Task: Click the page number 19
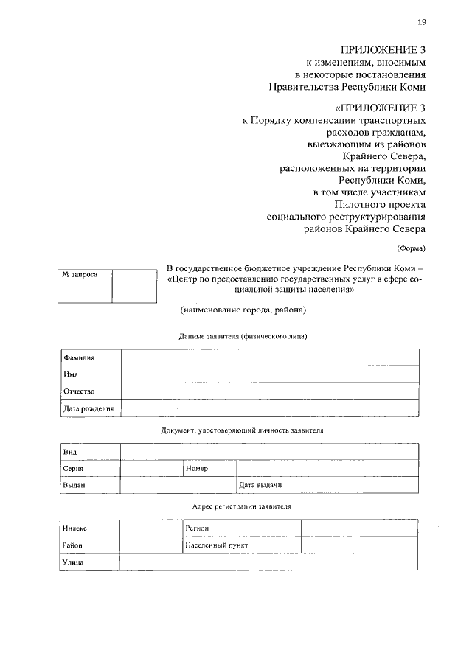coord(421,22)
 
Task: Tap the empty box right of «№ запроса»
coord(134,286)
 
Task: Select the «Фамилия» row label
coord(80,357)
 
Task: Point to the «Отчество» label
coord(79,391)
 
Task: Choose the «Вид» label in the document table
coord(70,452)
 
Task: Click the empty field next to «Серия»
coord(151,469)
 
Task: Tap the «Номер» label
coord(197,469)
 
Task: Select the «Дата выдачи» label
coord(260,486)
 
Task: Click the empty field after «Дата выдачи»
coord(360,486)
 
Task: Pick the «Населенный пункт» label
coord(217,545)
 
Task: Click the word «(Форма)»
coord(411,248)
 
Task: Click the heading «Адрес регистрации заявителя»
coord(241,507)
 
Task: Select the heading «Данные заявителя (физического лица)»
coord(243,336)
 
